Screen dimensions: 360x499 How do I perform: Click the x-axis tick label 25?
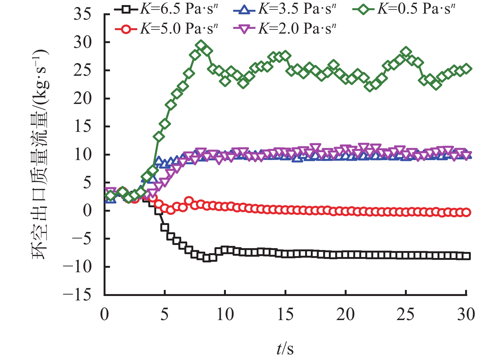click(406, 315)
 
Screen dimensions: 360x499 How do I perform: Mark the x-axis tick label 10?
click(225, 315)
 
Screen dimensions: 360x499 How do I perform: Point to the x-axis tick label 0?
click(105, 315)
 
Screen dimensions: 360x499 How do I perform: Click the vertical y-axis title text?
click(40, 154)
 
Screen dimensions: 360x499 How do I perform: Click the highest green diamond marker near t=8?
click(201, 45)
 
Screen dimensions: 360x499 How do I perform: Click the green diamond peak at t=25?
click(406, 52)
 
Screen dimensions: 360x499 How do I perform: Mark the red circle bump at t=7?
click(189, 201)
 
